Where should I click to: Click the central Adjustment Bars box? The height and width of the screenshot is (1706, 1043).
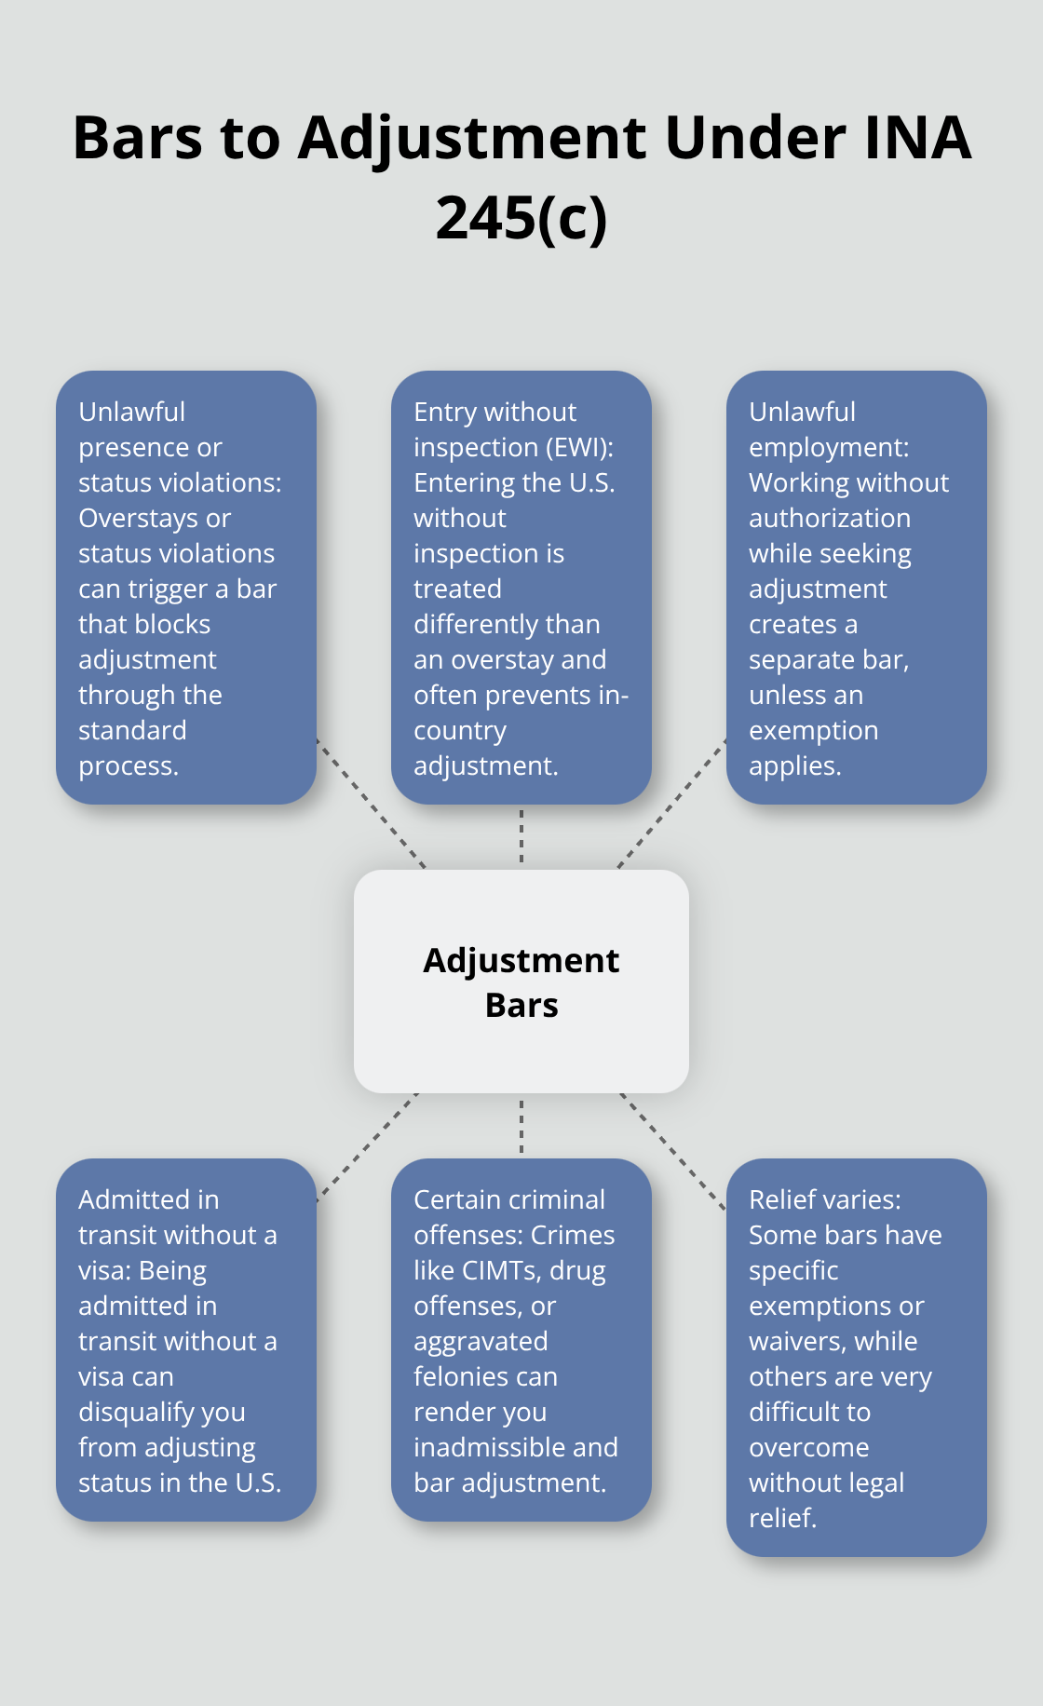coord(521,982)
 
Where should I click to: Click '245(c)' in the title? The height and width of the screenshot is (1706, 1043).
coord(521,218)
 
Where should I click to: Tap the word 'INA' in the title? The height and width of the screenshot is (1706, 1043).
coord(917,138)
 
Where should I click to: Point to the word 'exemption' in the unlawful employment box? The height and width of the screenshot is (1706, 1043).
coord(813,731)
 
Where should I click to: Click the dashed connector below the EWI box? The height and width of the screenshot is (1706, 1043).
coord(521,836)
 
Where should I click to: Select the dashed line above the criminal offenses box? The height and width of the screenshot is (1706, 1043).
coord(521,1126)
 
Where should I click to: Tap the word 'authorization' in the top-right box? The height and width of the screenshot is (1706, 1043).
coord(829,519)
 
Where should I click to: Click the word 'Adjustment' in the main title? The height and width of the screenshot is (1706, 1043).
coord(472,138)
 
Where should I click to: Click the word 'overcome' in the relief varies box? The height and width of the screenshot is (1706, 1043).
coord(808,1448)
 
